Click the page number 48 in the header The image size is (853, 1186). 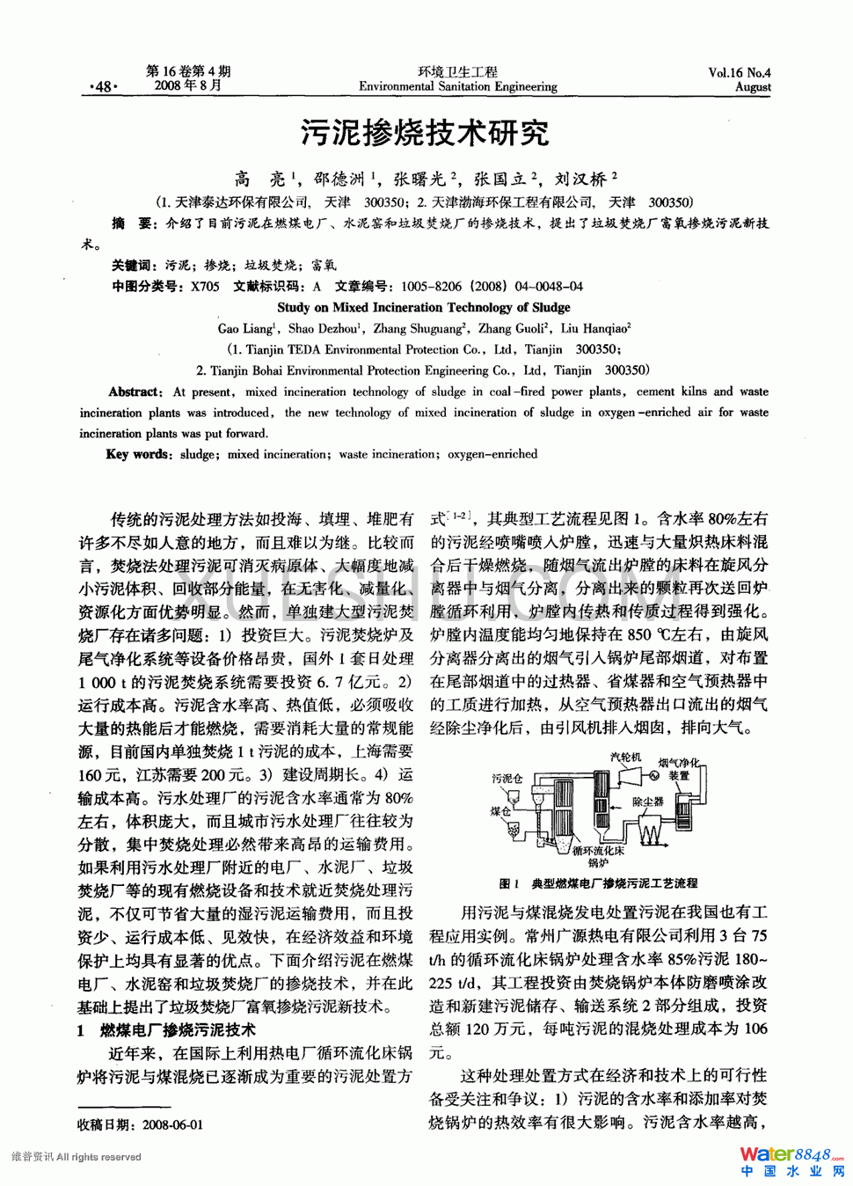coord(103,86)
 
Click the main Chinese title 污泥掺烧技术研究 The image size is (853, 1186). coord(425,133)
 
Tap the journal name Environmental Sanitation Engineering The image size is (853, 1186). coord(457,87)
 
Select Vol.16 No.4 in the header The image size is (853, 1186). coord(739,73)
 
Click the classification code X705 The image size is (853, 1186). coord(205,286)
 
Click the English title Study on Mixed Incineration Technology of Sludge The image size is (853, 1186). coord(423,307)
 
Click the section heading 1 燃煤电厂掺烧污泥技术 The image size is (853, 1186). coord(166,1029)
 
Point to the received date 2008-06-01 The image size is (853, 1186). coord(172,1124)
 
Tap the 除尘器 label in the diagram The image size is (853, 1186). coord(647,802)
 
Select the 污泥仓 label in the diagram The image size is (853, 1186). coord(507,779)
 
